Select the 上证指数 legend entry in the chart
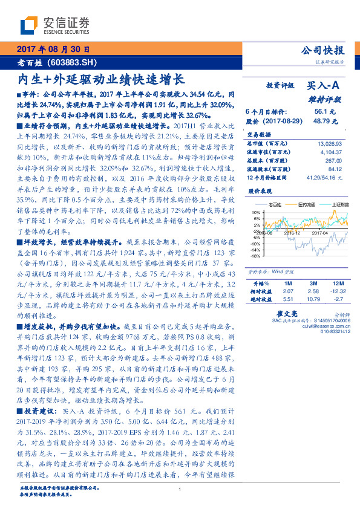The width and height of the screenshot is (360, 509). point(336,204)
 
